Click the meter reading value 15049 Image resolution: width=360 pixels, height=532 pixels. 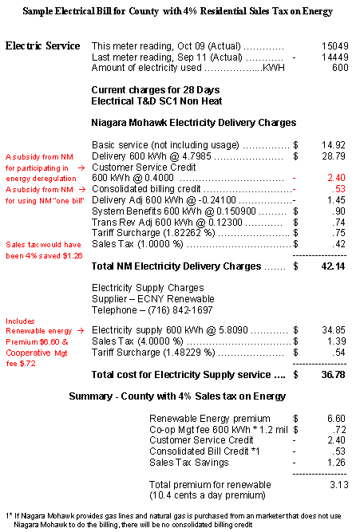click(x=332, y=46)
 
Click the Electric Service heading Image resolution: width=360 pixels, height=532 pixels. click(x=42, y=46)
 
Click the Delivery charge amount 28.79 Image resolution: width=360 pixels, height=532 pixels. click(x=332, y=156)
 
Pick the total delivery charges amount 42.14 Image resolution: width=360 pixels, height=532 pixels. click(x=330, y=265)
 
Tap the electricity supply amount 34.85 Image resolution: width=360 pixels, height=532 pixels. click(x=332, y=329)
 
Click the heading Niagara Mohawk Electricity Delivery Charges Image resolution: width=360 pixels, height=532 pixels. click(x=194, y=123)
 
